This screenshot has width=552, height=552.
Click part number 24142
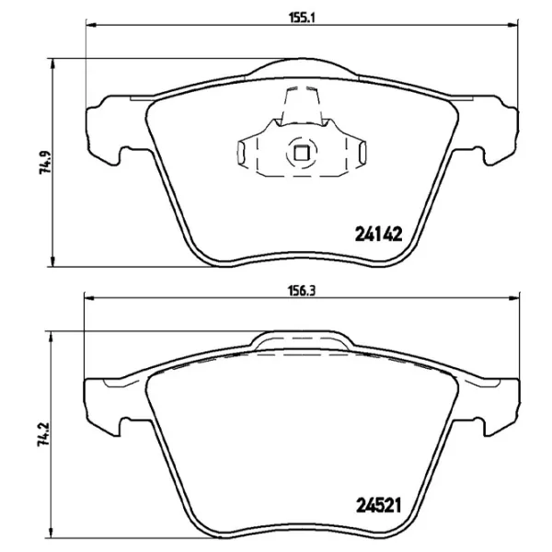pyautogui.click(x=380, y=234)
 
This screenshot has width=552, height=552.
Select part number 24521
pyautogui.click(x=380, y=504)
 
